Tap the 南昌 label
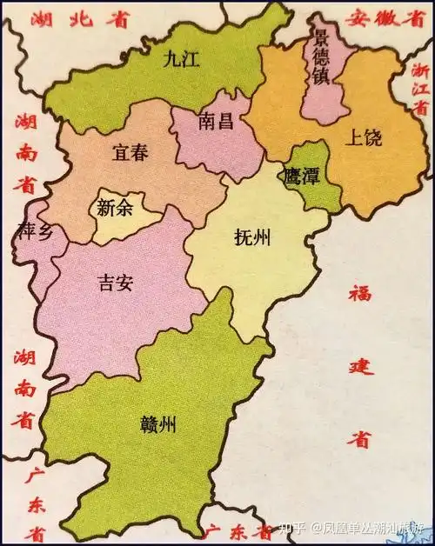(x=216, y=121)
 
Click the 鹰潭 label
(x=301, y=175)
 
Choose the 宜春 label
(x=130, y=153)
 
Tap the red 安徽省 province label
(x=379, y=17)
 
